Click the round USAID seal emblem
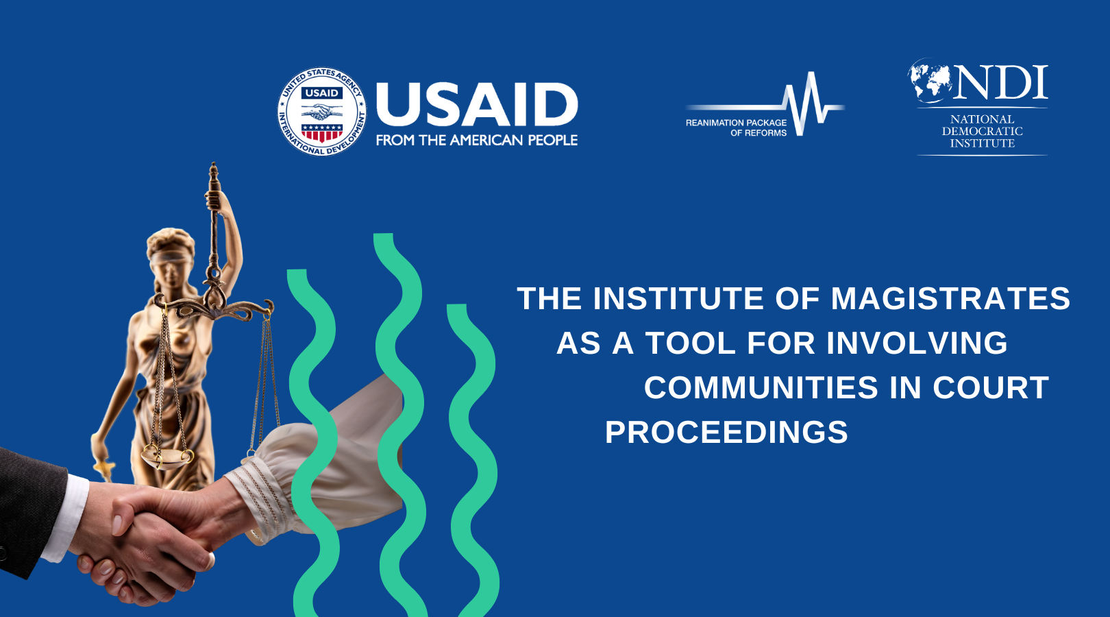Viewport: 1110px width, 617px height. pos(321,112)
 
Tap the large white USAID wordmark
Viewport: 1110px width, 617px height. pos(477,105)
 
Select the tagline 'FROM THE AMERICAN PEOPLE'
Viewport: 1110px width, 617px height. pos(477,141)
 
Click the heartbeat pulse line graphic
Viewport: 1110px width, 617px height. pos(765,104)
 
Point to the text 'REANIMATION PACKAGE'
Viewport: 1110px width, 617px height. pos(736,123)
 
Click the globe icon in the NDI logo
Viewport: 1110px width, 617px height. pos(930,80)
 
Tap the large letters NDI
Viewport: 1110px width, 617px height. pos(1002,82)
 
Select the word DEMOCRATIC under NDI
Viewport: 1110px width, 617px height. pos(982,132)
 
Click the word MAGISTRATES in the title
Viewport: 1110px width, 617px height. pos(950,299)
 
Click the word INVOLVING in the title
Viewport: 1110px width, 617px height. pos(917,343)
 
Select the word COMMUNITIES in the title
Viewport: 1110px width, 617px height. pos(761,387)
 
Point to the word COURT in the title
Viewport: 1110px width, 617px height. pos(991,387)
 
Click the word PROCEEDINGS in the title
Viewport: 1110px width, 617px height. pos(726,432)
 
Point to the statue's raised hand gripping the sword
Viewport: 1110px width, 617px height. pos(214,200)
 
